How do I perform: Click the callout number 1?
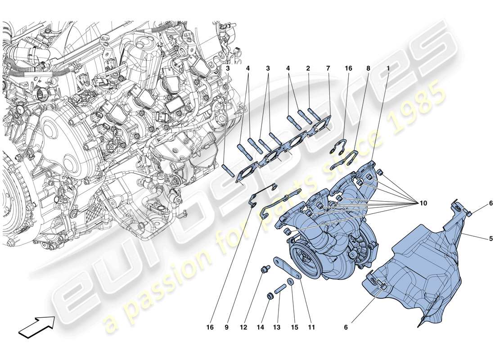[388, 69]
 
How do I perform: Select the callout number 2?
[308, 69]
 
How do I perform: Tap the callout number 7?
[328, 69]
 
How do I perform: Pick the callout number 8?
[368, 69]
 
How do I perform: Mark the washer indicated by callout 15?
[291, 282]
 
